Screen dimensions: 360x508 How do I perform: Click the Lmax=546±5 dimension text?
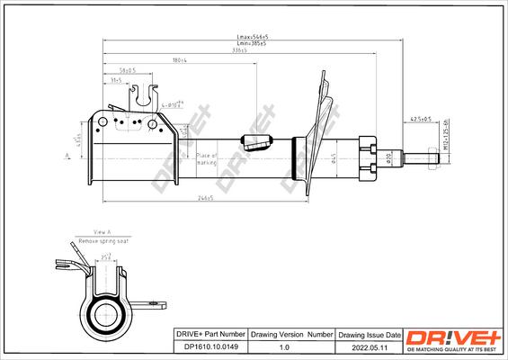click(246, 37)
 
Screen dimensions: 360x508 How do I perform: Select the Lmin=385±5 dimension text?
click(246, 44)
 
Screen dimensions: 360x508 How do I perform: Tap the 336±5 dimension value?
click(238, 51)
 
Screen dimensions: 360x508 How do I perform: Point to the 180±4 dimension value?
click(179, 60)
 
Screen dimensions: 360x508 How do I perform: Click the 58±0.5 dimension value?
click(127, 69)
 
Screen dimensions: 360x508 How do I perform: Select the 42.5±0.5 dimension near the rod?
click(420, 119)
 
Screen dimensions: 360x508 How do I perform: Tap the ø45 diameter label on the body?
click(332, 159)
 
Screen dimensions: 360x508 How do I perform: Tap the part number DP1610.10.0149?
click(208, 347)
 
